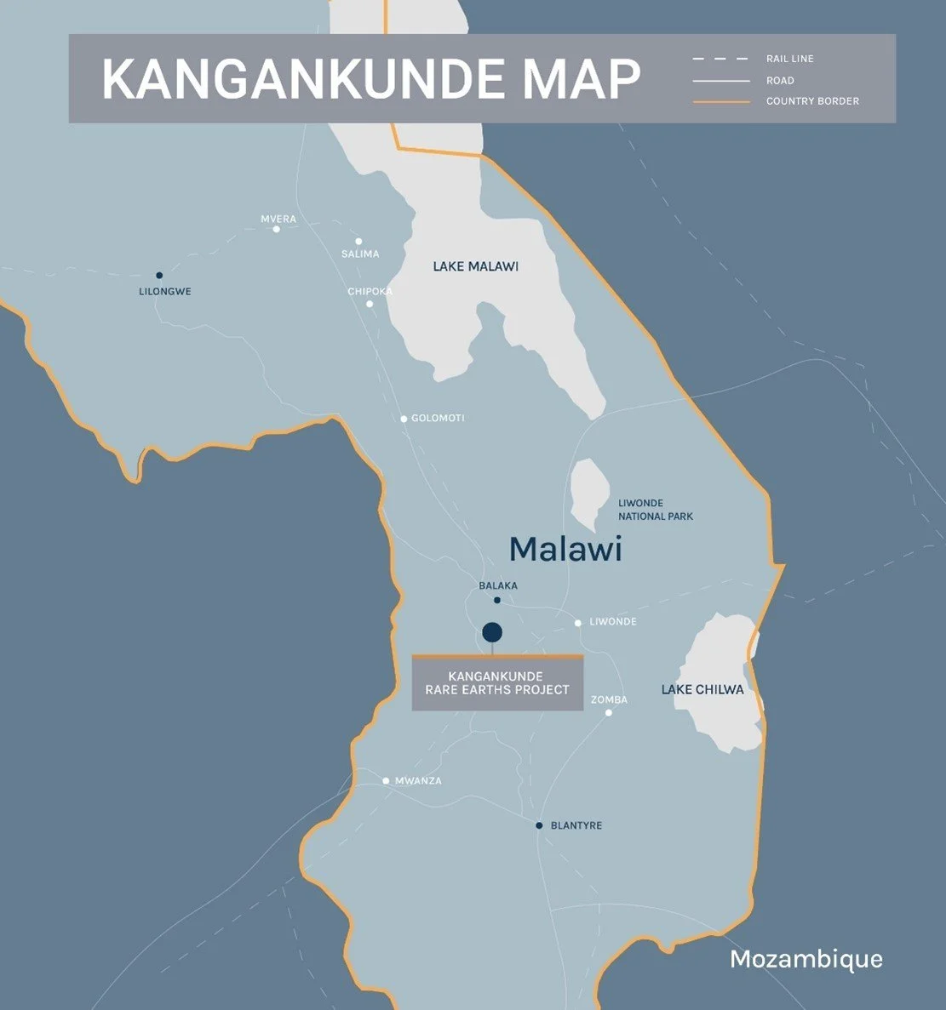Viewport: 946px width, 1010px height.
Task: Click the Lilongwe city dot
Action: point(159,276)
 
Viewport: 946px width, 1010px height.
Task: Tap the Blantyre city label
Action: point(576,826)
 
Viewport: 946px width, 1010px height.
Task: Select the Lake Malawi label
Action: point(475,267)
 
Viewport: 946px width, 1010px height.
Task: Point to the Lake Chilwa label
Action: point(702,690)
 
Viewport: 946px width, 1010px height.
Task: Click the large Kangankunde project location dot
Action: point(492,632)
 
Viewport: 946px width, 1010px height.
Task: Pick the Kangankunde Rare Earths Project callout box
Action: point(497,683)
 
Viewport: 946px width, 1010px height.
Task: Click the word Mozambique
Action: point(806,960)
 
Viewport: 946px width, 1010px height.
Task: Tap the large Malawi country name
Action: point(565,550)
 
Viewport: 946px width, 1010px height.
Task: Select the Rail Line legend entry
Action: point(789,59)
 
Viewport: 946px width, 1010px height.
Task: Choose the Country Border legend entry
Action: point(812,101)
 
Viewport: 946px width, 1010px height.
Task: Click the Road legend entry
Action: point(780,81)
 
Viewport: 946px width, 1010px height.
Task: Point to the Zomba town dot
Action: point(609,713)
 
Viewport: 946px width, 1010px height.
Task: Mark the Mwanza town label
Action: point(418,781)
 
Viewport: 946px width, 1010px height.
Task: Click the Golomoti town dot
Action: point(404,419)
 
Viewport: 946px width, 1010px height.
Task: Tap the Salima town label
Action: point(360,254)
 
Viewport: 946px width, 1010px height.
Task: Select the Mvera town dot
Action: point(276,229)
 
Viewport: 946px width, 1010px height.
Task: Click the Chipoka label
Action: point(370,292)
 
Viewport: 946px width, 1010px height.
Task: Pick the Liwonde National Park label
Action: point(655,510)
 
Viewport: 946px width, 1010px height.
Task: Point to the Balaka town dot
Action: point(497,601)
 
